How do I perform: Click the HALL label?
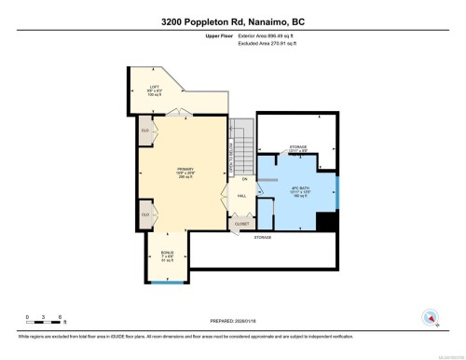click(x=241, y=196)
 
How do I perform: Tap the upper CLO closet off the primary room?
click(x=145, y=132)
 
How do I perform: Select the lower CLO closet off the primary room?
click(x=145, y=215)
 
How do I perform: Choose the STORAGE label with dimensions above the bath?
click(x=299, y=148)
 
